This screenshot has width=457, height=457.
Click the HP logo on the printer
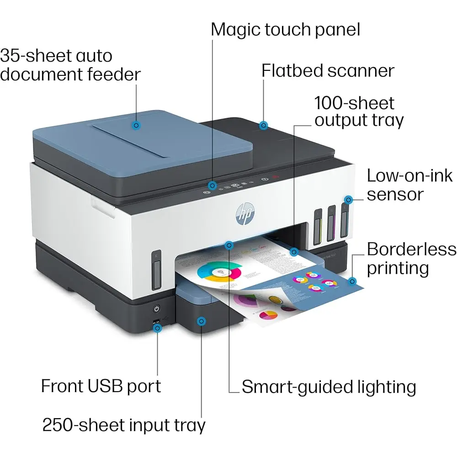click(245, 213)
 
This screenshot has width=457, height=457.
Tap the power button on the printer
click(156, 308)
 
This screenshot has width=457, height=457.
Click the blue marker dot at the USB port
click(157, 328)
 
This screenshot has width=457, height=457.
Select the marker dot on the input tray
click(201, 321)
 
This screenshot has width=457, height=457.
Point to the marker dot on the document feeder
click(136, 125)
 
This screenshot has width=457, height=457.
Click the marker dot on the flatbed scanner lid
click(264, 125)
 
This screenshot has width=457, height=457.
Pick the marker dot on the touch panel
click(213, 186)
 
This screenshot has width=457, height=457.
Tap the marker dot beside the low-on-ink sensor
click(349, 200)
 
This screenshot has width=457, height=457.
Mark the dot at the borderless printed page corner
click(352, 281)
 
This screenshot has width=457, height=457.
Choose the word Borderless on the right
click(411, 250)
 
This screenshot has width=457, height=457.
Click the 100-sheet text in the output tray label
click(355, 103)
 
